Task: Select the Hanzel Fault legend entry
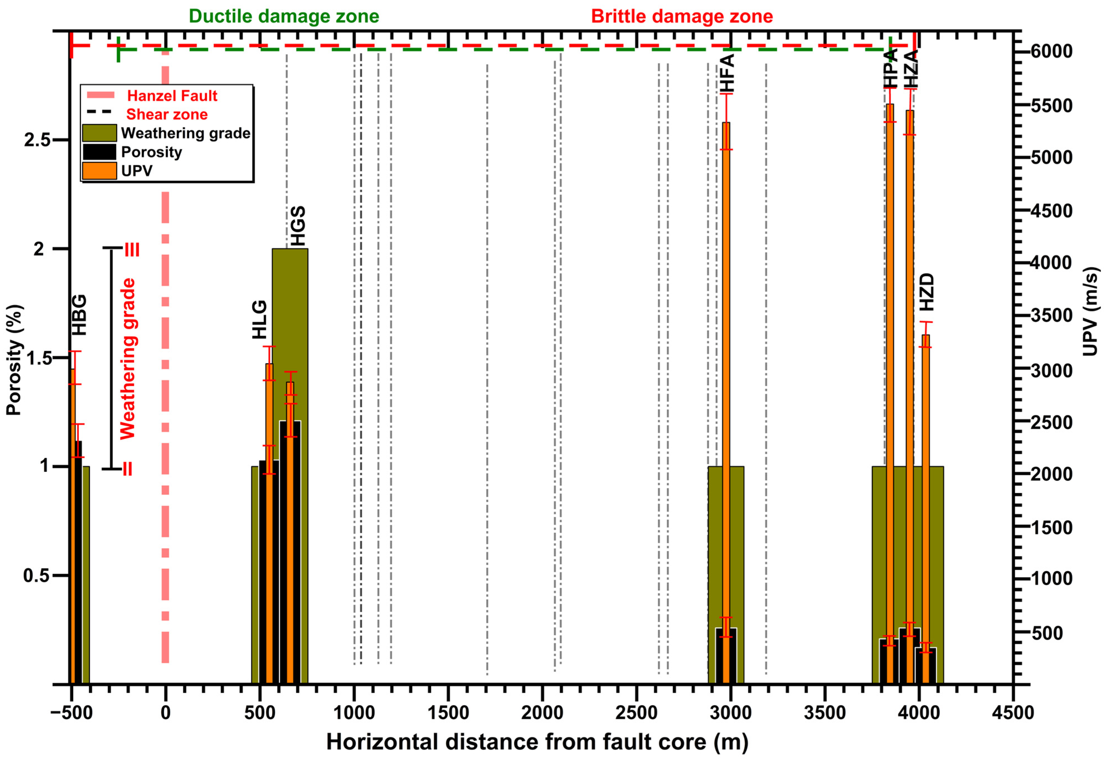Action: coord(172,96)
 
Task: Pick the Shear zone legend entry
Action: coord(167,114)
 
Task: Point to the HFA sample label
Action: coord(727,73)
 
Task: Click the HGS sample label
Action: coord(298,226)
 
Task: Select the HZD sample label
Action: coord(927,292)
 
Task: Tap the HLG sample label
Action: coord(259,319)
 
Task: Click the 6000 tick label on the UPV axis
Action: coord(1051,51)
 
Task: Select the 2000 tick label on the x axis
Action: coord(542,713)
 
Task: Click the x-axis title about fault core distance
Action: coord(537,742)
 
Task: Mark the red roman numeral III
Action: coord(132,250)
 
